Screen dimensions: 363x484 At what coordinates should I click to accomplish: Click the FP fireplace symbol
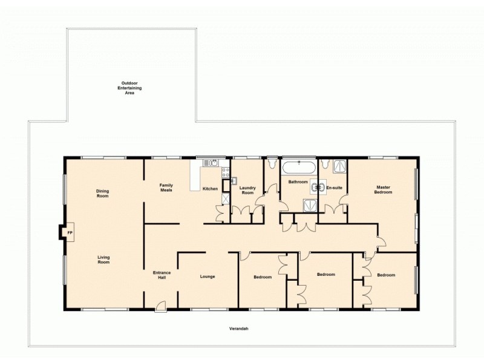click(69, 233)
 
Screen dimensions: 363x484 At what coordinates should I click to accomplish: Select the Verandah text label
click(239, 329)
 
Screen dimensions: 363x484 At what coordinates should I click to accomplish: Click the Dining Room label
click(102, 194)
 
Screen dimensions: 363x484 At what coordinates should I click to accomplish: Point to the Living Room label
click(103, 260)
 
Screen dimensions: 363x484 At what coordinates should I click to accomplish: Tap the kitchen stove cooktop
click(226, 172)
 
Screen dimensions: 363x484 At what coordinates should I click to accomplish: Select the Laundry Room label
click(248, 190)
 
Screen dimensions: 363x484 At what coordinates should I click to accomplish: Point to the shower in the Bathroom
click(309, 204)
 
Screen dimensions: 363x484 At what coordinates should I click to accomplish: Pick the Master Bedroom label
click(383, 190)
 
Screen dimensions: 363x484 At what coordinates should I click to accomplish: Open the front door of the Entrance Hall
click(160, 307)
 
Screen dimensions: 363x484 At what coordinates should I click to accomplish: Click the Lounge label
click(208, 277)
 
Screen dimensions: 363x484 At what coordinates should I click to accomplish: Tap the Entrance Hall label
click(162, 275)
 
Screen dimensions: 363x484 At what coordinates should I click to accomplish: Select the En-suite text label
click(334, 188)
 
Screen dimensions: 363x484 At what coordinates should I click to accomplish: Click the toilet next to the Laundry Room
click(271, 163)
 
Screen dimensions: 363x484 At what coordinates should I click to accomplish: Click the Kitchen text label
click(210, 189)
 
